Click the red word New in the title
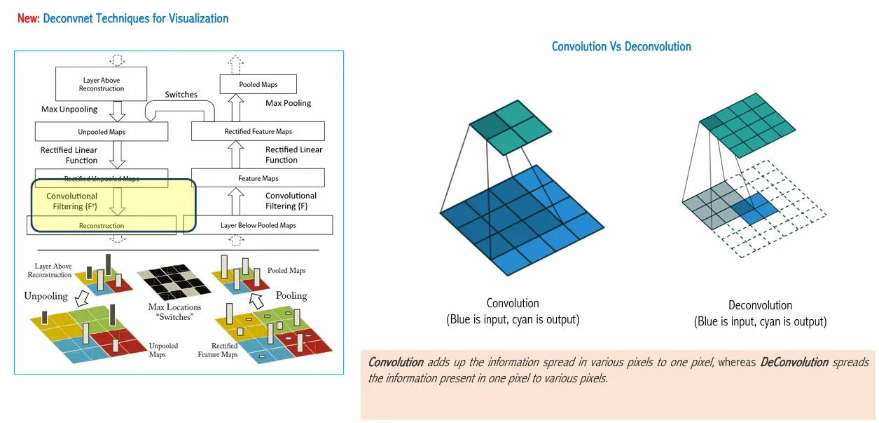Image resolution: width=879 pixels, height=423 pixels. click(27, 18)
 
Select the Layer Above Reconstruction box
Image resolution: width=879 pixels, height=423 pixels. click(101, 84)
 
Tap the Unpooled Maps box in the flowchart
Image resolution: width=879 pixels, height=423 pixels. click(102, 131)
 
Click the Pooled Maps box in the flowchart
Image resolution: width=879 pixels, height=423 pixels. click(258, 85)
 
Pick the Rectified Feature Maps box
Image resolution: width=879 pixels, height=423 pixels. click(258, 131)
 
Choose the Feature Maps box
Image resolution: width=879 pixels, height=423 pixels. click(258, 178)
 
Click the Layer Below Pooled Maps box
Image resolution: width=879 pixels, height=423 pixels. click(258, 225)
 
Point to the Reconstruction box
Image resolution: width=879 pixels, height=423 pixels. click(102, 226)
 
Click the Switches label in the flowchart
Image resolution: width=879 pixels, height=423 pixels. click(181, 95)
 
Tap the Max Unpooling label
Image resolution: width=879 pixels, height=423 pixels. click(69, 109)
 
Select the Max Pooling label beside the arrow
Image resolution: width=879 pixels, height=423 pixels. click(288, 103)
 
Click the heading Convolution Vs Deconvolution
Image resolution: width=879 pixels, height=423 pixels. click(621, 47)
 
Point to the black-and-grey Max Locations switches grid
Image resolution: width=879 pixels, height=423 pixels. click(175, 283)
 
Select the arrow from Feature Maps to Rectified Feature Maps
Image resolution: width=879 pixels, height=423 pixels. click(236, 154)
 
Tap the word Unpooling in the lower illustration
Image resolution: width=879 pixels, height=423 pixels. click(46, 296)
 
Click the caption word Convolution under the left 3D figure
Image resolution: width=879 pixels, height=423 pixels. click(513, 304)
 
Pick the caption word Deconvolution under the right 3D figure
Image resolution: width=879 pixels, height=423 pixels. click(760, 305)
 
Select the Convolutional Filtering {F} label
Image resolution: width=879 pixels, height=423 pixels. click(291, 201)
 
